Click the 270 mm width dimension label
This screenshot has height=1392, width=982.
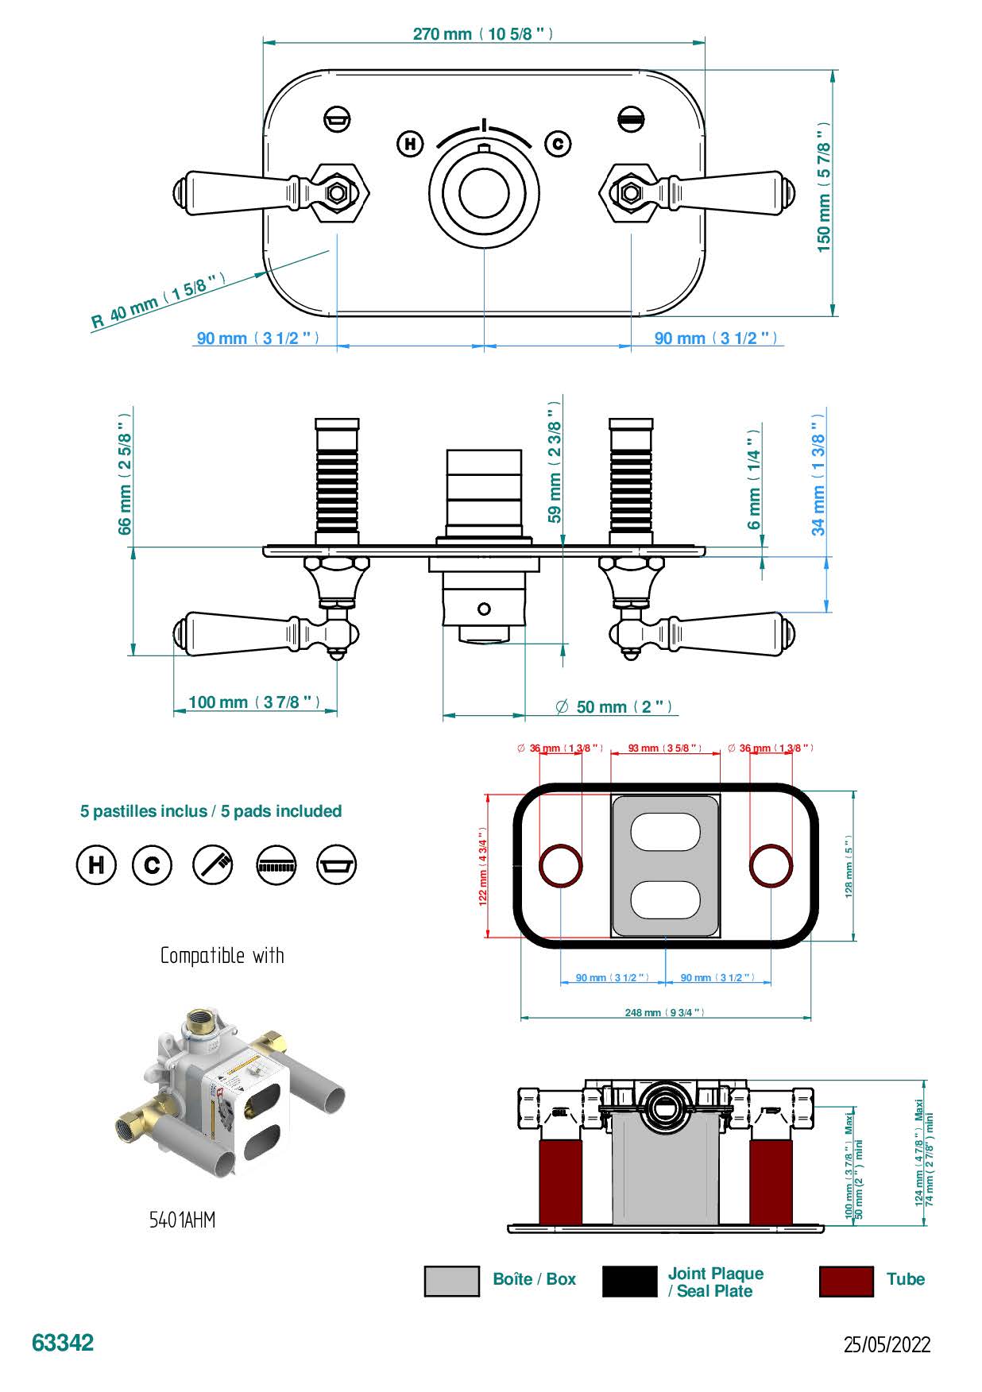tap(482, 34)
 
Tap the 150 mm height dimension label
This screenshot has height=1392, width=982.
tap(824, 188)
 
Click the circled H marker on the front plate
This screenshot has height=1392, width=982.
tap(410, 144)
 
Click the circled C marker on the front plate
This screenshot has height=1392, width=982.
tap(558, 144)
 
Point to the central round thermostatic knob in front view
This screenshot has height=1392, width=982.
tap(484, 193)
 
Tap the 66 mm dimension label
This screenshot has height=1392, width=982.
tap(125, 474)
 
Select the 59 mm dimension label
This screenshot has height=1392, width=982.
tap(555, 462)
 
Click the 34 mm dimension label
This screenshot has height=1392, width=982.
tap(818, 474)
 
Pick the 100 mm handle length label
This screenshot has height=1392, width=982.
tap(254, 702)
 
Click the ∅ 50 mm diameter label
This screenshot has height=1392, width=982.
tap(614, 707)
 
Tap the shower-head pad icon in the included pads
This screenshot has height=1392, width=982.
tap(276, 864)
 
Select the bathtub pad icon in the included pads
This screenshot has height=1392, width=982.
tap(337, 864)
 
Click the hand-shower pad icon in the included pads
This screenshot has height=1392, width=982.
tap(214, 864)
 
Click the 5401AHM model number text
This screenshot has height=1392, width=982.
tap(182, 1220)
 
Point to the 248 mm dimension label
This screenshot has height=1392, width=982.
tap(664, 1013)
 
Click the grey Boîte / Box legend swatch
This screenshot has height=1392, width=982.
tap(452, 1281)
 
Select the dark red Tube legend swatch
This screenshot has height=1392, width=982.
tap(845, 1281)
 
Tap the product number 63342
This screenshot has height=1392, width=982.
tap(63, 1343)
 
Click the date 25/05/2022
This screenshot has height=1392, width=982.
tap(887, 1344)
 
